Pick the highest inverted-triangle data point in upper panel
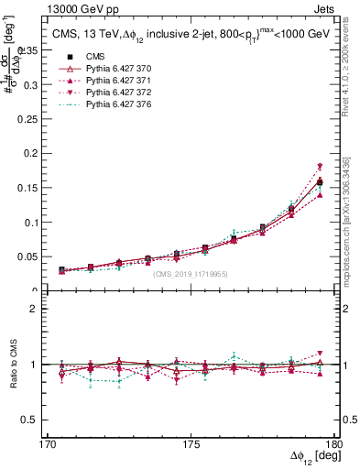320,166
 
